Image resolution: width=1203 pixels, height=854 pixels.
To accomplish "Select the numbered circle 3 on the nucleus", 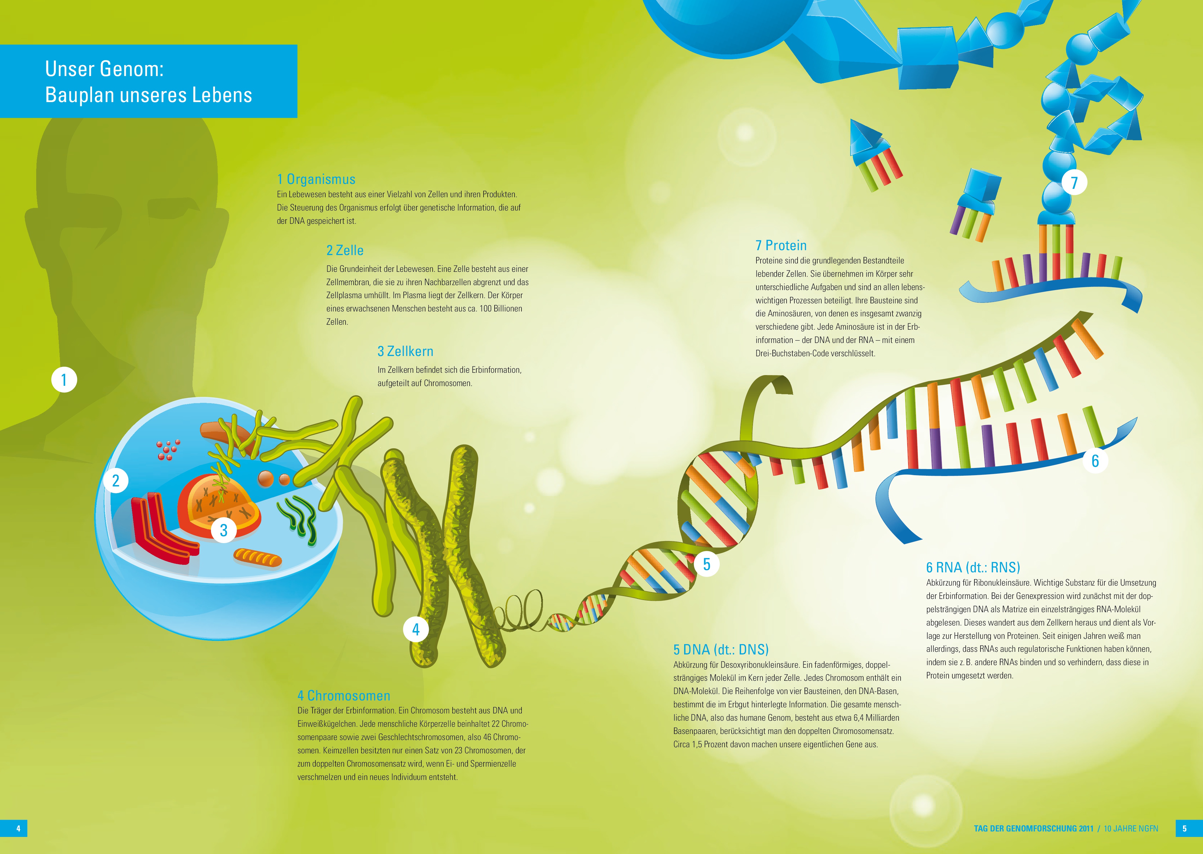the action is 224,530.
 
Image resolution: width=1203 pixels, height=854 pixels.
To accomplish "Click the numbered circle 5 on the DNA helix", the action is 707,564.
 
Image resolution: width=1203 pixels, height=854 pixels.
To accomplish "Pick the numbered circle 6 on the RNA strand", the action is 1095,461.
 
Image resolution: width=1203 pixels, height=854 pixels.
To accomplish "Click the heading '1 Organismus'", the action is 316,179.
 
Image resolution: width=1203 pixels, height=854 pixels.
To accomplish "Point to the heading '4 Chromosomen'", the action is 344,696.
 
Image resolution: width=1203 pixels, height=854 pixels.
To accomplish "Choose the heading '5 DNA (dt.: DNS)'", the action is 721,650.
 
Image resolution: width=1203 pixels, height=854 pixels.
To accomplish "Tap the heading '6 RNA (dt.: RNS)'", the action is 973,567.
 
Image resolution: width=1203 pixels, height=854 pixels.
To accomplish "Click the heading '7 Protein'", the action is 781,246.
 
